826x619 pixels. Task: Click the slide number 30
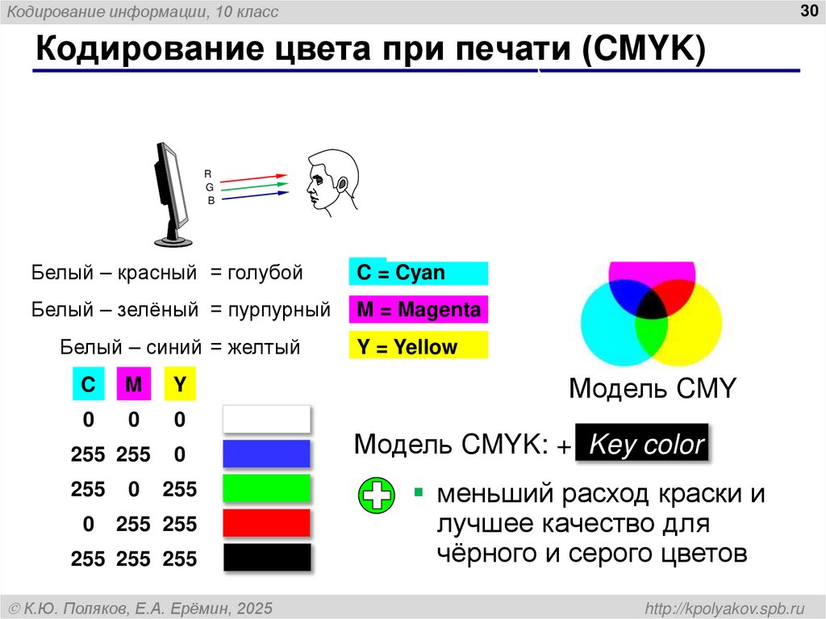coord(808,10)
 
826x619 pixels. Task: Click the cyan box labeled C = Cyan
coord(419,273)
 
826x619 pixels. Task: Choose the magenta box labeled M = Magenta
coord(419,310)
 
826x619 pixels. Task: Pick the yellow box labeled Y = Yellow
coord(419,347)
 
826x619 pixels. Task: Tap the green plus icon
coord(376,496)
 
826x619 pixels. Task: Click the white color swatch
coord(266,420)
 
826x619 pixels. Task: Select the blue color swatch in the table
coord(266,454)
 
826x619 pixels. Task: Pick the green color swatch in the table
coord(266,489)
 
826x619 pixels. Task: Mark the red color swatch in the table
coord(266,523)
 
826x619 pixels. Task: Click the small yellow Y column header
coord(180,386)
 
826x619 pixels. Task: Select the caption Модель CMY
coord(653,389)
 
